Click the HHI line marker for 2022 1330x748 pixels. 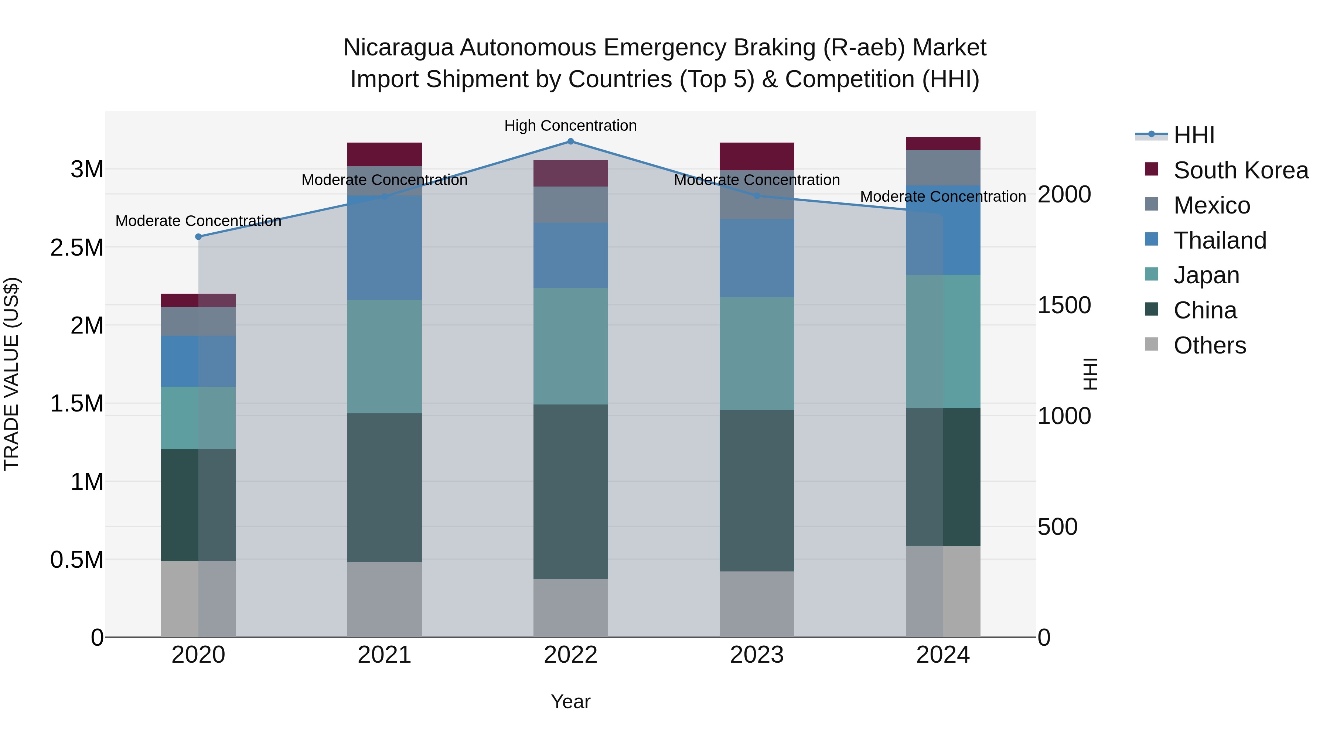[x=570, y=141]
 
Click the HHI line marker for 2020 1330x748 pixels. [x=198, y=237]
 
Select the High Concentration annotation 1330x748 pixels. [x=570, y=126]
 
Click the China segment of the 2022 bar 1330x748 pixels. [x=570, y=491]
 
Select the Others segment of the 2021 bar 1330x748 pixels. [x=384, y=600]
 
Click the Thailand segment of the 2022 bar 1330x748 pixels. [x=570, y=256]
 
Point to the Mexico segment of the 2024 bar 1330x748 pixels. [x=943, y=168]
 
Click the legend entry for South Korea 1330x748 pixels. [x=1240, y=170]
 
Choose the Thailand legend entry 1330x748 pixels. [x=1220, y=240]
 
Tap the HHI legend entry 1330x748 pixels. [x=1194, y=135]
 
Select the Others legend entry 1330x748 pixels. [x=1209, y=345]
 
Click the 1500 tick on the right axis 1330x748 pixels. [x=1064, y=305]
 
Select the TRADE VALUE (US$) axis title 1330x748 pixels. [x=11, y=374]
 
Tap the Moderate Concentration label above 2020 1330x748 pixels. [x=198, y=221]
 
